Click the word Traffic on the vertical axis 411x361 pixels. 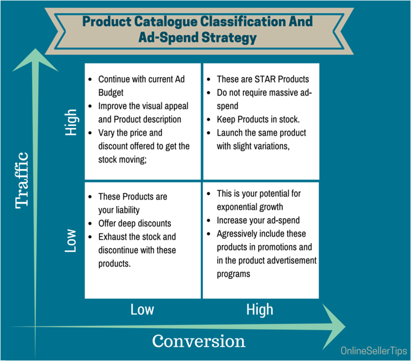tap(22, 180)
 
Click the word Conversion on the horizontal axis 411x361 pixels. tap(199, 341)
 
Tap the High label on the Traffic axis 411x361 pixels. tap(71, 123)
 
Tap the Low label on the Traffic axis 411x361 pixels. tap(71, 240)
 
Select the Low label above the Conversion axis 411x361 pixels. tap(142, 310)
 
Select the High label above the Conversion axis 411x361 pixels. tap(260, 310)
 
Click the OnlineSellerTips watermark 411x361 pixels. tap(374, 351)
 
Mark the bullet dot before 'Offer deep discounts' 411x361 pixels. tap(90, 224)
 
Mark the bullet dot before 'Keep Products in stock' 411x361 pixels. tap(209, 119)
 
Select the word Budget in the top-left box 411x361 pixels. tap(111, 93)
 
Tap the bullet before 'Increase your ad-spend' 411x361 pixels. tap(209, 220)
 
